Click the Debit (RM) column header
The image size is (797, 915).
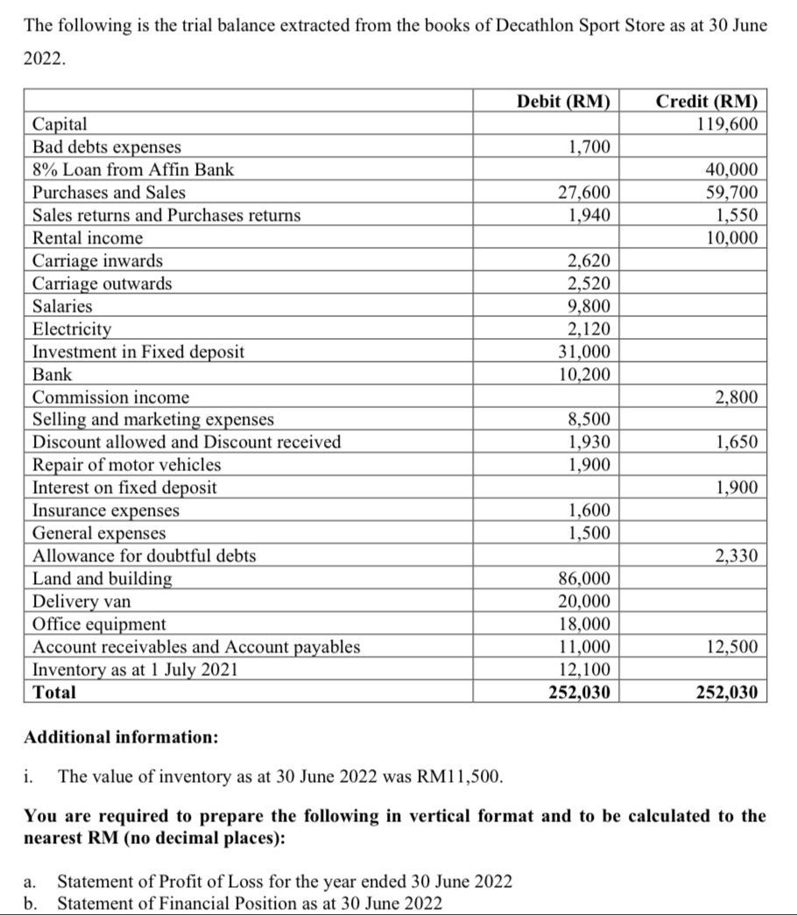click(x=562, y=101)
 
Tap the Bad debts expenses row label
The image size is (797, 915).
click(x=107, y=147)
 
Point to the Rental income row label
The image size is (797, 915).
click(x=88, y=238)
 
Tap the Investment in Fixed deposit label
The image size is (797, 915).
click(x=138, y=352)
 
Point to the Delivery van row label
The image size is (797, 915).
click(x=82, y=602)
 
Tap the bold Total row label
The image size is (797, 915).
click(x=54, y=693)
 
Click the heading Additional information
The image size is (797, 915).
click(x=121, y=737)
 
